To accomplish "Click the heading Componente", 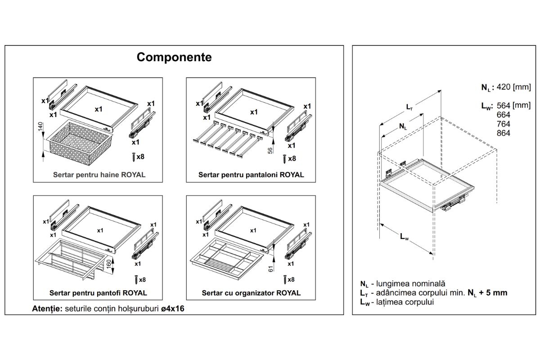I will (174, 58).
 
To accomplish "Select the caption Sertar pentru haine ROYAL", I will (99, 175).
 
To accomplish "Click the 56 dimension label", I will (270, 150).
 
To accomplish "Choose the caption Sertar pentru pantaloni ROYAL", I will (251, 175).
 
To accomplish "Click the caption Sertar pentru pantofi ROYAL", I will (99, 292).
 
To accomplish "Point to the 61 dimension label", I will (269, 269).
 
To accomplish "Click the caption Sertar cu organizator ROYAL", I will (251, 292).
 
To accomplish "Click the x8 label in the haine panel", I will (141, 157).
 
